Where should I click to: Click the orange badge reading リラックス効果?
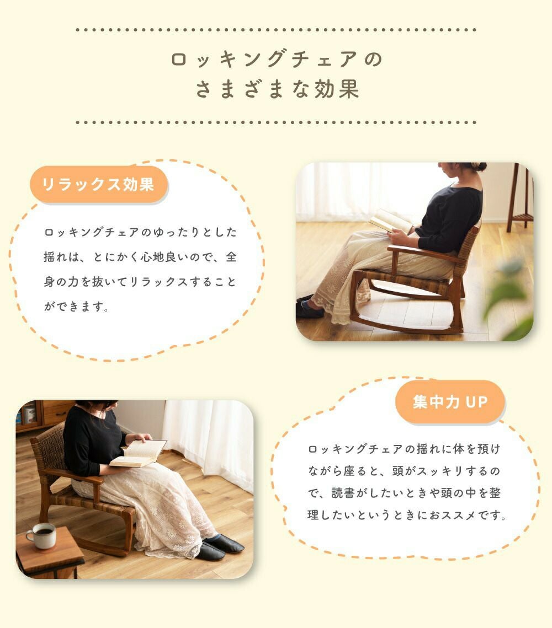[99, 185]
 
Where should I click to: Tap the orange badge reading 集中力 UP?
[450, 402]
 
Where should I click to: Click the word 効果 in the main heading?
[336, 89]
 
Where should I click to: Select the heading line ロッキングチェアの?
[277, 59]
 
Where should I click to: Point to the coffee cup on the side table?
[42, 535]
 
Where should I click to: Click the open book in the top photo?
[390, 221]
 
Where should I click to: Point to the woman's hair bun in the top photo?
[478, 166]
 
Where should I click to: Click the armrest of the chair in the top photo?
[421, 253]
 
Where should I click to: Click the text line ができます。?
[76, 307]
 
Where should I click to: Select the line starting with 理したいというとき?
[406, 514]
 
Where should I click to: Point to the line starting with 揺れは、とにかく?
[140, 257]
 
